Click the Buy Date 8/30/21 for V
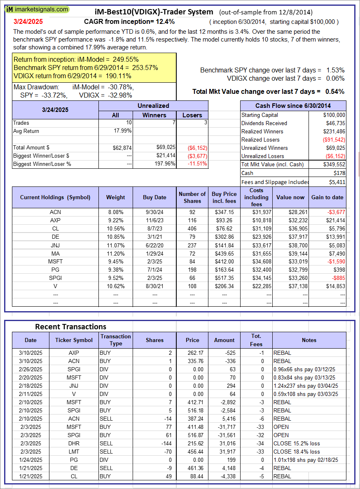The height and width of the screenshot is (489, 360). tap(154, 286)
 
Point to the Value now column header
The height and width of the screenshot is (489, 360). tap(290, 197)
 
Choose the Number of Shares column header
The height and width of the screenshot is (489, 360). tap(192, 197)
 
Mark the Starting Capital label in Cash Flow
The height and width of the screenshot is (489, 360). tap(259, 115)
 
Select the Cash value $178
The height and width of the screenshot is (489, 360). tap(340, 173)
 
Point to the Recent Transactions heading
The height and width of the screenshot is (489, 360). tap(70, 326)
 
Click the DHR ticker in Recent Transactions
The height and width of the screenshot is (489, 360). tap(74, 443)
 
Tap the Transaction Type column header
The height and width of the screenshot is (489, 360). tap(116, 340)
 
